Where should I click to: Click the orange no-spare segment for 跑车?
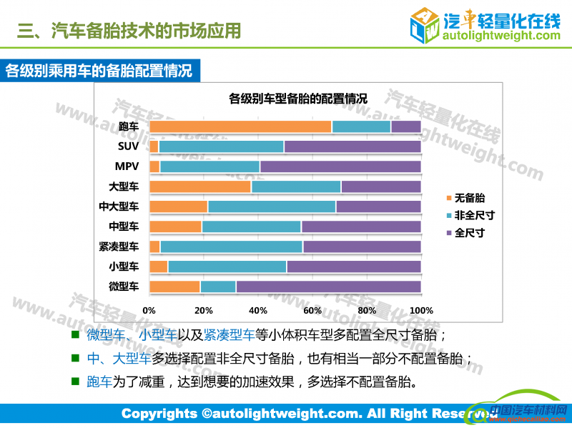pyautogui.click(x=241, y=126)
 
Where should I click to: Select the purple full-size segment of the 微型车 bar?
pyautogui.click(x=328, y=287)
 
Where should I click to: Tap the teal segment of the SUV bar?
pyautogui.click(x=221, y=146)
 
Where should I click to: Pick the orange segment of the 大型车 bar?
pyautogui.click(x=200, y=186)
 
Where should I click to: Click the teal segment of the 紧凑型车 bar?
pyautogui.click(x=231, y=247)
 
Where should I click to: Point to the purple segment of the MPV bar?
pyautogui.click(x=340, y=166)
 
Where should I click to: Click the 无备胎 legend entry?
pyautogui.click(x=470, y=198)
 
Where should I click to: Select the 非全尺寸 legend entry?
pyautogui.click(x=474, y=215)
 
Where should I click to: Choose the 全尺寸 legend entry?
pyautogui.click(x=470, y=232)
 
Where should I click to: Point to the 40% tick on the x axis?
pyautogui.click(x=258, y=311)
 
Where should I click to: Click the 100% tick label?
pyautogui.click(x=421, y=311)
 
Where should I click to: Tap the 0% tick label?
pyautogui.click(x=149, y=311)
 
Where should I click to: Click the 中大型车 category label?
pyautogui.click(x=119, y=206)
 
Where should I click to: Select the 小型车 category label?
pyautogui.click(x=124, y=267)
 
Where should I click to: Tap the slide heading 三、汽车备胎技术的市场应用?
pyautogui.click(x=129, y=31)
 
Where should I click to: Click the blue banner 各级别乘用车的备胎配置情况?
pyautogui.click(x=99, y=71)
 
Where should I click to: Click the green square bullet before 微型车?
pyautogui.click(x=75, y=334)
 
